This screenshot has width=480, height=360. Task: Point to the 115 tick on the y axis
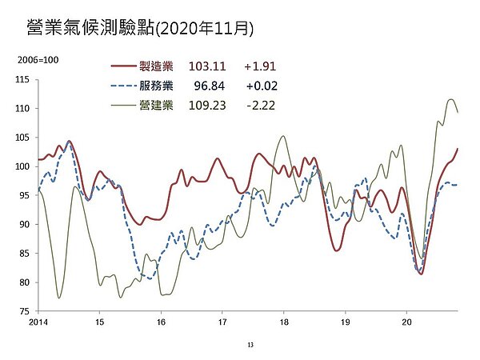point(22,79)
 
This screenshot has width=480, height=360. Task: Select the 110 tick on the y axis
point(22,108)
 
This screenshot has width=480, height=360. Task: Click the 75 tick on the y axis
point(24,311)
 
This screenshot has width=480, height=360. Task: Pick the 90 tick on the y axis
point(24,224)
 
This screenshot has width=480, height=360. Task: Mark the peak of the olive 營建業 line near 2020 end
point(451,99)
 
